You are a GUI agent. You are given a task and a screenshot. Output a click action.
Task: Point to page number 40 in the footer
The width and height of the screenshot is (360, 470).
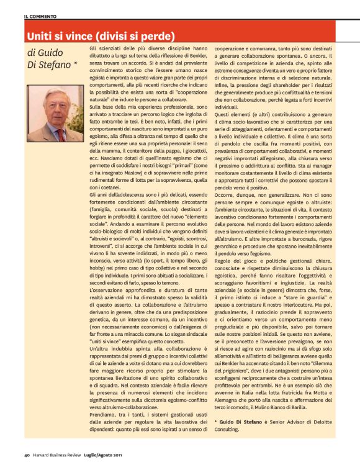[x=27, y=459]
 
